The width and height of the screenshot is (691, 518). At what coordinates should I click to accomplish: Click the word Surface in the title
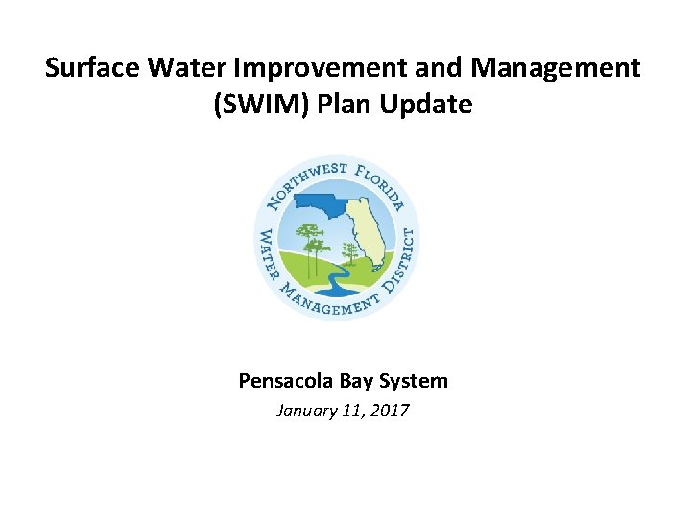(92, 68)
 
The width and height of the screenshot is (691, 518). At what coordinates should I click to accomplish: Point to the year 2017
(389, 411)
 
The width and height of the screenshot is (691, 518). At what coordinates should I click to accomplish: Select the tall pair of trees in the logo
(310, 240)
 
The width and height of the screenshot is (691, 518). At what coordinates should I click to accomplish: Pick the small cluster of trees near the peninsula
(350, 254)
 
